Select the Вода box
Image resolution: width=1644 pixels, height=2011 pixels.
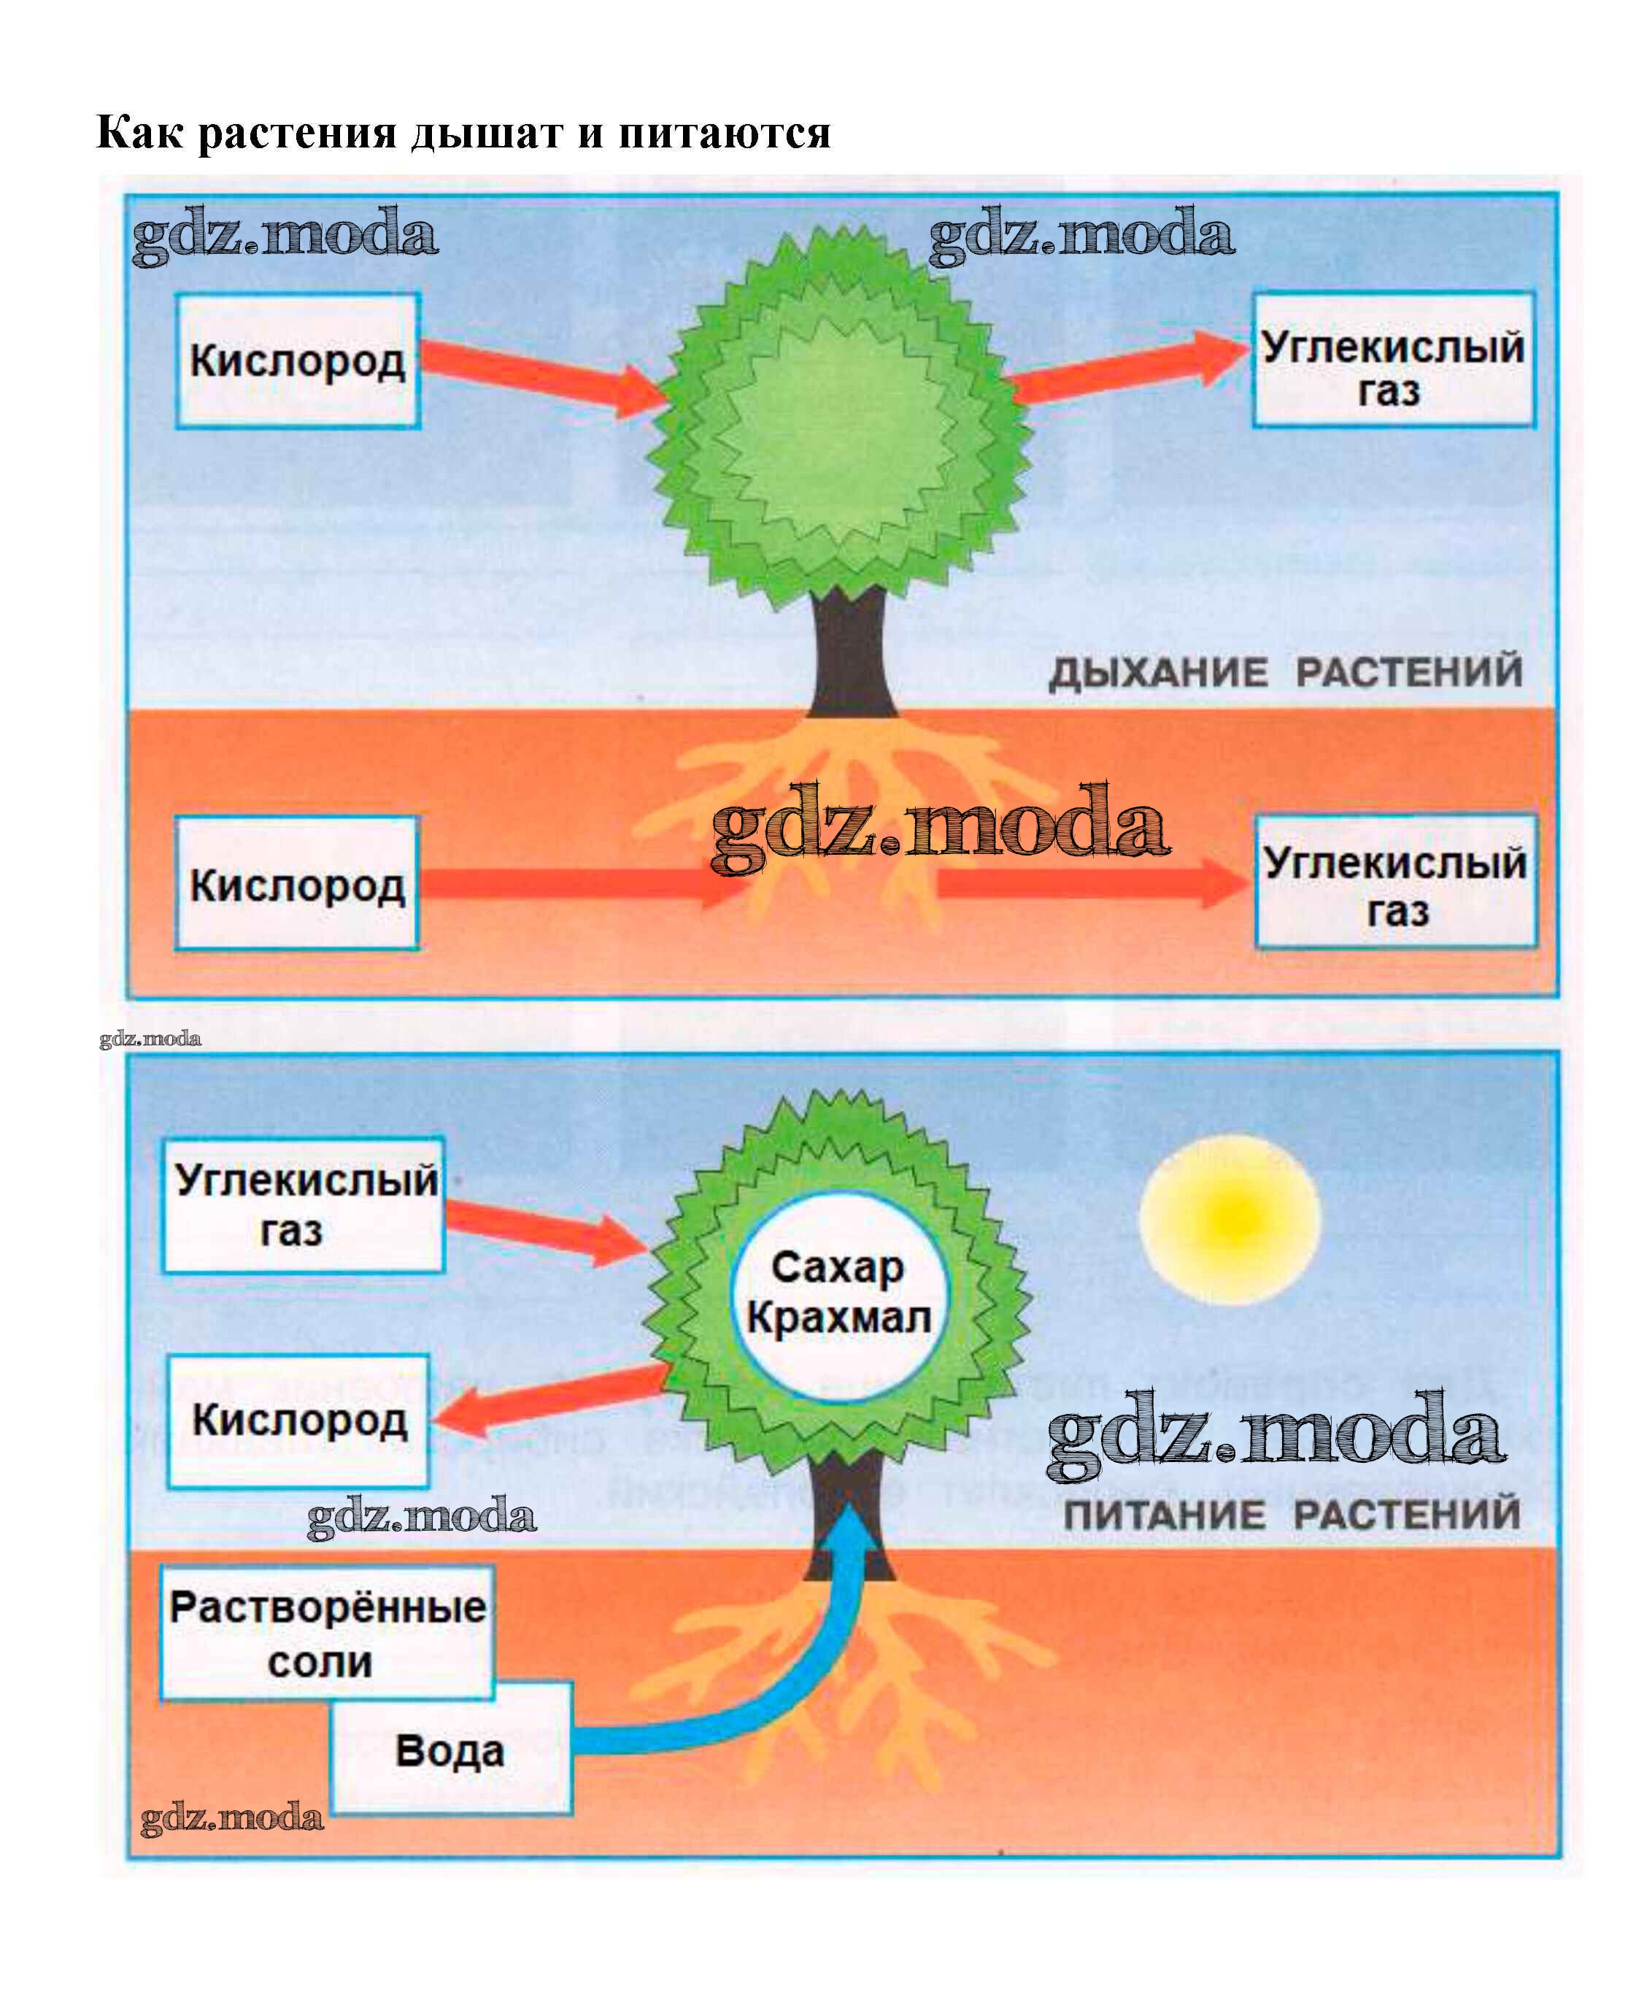coord(451,1751)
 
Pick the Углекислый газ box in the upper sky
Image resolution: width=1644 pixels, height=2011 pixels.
coord(1393,361)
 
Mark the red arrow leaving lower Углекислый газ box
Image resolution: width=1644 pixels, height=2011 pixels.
coord(544,1231)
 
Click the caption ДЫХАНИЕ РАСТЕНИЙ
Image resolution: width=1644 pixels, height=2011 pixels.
coord(1285,672)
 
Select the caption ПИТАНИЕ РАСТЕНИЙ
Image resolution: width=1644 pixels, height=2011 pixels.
coord(1291,1514)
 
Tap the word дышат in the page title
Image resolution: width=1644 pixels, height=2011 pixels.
coord(486,133)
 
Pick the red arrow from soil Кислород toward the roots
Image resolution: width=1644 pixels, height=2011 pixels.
coord(568,884)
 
